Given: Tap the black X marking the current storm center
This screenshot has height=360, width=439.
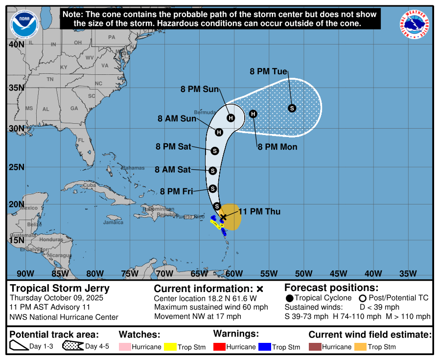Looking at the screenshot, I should point(223,217).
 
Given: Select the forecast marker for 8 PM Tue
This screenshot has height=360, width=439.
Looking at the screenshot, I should point(292,108).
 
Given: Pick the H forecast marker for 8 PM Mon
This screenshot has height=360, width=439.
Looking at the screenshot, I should point(253,114).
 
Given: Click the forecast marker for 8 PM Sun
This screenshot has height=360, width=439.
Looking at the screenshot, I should point(231,117).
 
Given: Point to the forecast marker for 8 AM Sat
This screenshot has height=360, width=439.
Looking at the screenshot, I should point(212,171).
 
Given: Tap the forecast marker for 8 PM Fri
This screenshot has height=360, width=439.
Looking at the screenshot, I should point(212,188).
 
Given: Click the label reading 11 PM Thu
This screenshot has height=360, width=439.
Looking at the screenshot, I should point(259,211).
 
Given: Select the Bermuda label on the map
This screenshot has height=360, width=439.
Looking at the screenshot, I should point(205,112).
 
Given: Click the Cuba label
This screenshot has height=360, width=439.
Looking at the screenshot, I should point(89,185).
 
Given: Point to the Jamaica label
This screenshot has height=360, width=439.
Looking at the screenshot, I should point(113,223).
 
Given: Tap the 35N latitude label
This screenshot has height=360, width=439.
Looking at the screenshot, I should point(16,88).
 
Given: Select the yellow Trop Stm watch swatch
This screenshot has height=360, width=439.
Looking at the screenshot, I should point(170,347).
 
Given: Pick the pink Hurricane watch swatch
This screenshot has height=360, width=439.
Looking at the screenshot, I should point(125,347).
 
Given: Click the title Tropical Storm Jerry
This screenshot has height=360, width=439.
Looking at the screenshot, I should point(60,288).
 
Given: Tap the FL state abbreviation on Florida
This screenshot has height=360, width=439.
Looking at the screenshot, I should point(81,140).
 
